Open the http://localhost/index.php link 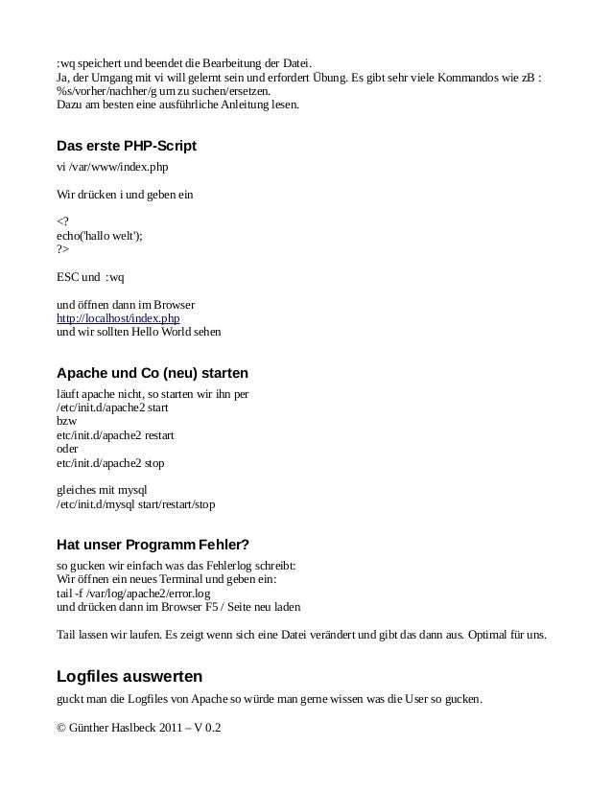coord(118,318)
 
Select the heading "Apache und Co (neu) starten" coord(153,373)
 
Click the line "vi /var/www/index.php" coord(112,167)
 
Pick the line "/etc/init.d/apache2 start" coord(112,408)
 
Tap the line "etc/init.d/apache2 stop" coord(110,462)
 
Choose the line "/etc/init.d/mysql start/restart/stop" coord(136,503)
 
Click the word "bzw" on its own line coord(67,421)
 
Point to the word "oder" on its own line coord(68,449)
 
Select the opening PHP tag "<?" coord(63,222)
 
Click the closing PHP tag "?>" coord(63,249)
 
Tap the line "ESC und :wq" coord(91,277)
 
